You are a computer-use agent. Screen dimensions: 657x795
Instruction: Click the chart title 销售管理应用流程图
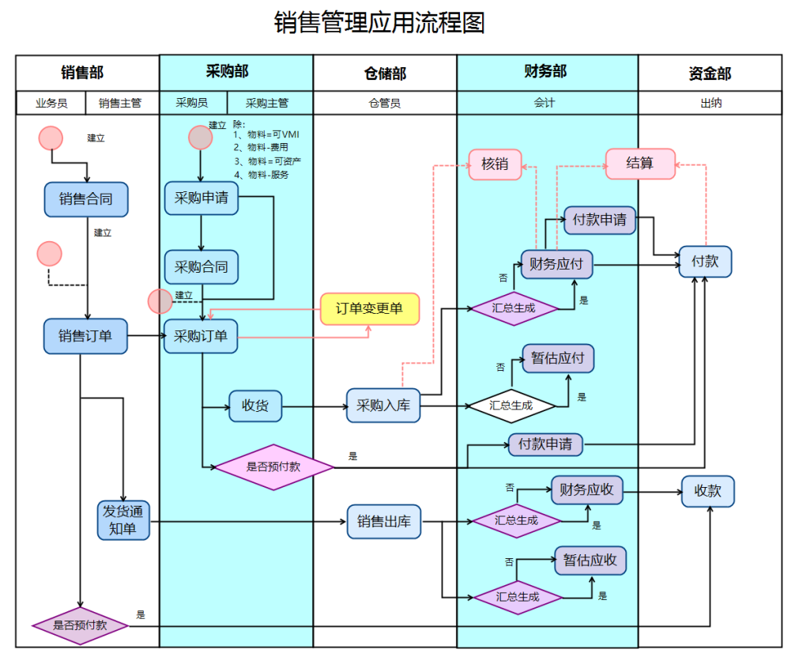click(379, 22)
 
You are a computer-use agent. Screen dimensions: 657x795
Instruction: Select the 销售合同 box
click(85, 199)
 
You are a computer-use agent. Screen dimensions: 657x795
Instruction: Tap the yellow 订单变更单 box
click(369, 308)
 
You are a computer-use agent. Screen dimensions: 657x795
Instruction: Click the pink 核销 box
click(495, 164)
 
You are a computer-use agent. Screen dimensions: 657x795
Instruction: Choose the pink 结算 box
click(640, 164)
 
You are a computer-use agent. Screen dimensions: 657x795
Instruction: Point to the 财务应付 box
click(556, 264)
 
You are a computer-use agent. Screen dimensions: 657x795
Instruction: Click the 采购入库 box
click(383, 406)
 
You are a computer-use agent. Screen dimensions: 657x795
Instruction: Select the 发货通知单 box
click(123, 520)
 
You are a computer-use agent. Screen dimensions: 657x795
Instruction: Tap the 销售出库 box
click(383, 522)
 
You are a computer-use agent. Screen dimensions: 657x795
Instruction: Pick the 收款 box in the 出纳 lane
click(707, 491)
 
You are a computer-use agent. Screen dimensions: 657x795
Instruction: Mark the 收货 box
click(255, 406)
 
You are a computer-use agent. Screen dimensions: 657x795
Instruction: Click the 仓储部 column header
click(385, 74)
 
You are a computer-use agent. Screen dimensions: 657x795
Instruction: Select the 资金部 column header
click(710, 74)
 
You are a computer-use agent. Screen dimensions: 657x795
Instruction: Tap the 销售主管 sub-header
click(120, 103)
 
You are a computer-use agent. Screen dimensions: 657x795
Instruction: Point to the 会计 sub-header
click(544, 103)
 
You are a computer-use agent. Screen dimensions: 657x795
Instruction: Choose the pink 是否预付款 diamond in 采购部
click(273, 466)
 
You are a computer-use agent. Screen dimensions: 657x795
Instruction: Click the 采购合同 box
click(201, 266)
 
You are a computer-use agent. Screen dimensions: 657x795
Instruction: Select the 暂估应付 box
click(557, 358)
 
